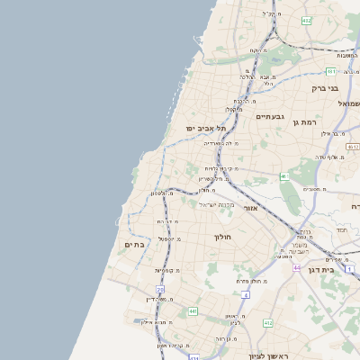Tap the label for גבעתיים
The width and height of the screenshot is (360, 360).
(x=270, y=117)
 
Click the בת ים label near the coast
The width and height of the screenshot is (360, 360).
(x=132, y=243)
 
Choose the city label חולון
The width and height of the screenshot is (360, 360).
(x=222, y=237)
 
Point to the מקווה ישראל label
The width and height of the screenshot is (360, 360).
(x=215, y=205)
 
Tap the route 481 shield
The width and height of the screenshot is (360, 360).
(x=331, y=71)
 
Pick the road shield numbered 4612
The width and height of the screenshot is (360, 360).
(x=352, y=146)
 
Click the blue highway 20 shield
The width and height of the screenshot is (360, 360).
(x=161, y=289)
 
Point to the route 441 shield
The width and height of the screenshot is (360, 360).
(x=193, y=311)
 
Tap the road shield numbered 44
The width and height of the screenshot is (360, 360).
(x=296, y=267)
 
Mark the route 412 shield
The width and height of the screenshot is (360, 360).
(x=267, y=322)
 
